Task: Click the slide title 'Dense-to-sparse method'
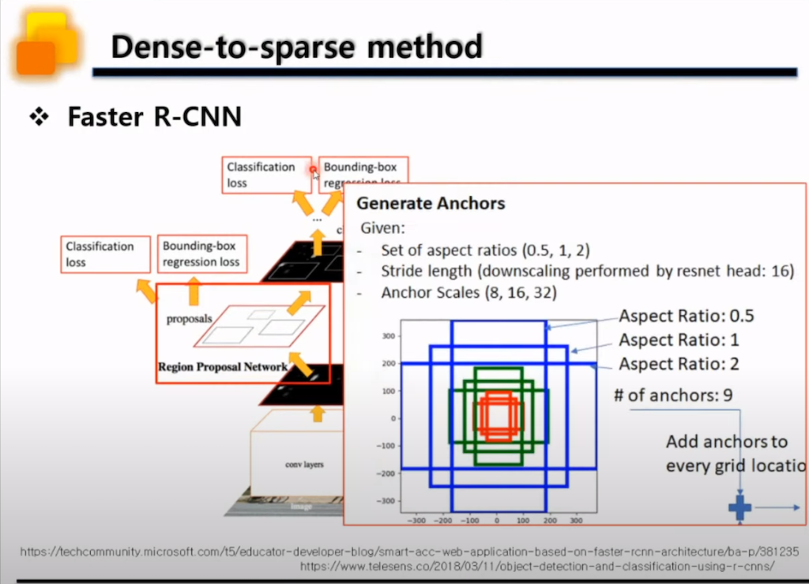coord(296,47)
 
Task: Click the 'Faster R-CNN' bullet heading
coord(154,117)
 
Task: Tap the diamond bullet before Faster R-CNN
coord(38,118)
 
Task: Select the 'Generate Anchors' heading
coord(431,203)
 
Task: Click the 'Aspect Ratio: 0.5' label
coord(686,316)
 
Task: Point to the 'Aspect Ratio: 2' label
coord(679,364)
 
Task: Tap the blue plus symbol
coord(739,507)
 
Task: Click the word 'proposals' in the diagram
coord(190,319)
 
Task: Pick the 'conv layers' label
coord(304,464)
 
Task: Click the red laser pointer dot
coord(314,169)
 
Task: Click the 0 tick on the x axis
coord(497,522)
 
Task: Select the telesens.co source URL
coord(536,567)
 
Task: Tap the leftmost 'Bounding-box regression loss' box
coord(201,254)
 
